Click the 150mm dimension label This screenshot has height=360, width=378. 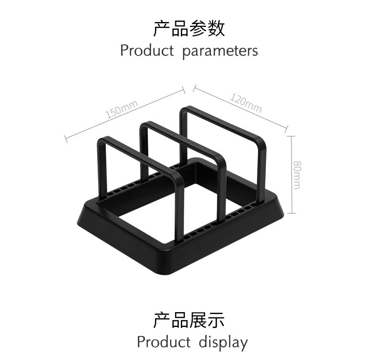pyautogui.click(x=122, y=109)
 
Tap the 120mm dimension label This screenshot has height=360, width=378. pyautogui.click(x=245, y=103)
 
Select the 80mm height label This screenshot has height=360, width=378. pyautogui.click(x=297, y=175)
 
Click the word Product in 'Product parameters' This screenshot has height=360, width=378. pyautogui.click(x=146, y=50)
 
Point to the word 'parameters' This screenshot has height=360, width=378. pyautogui.click(x=220, y=51)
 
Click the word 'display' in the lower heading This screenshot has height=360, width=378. pyautogui.click(x=223, y=342)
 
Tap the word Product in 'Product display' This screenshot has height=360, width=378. pyautogui.click(x=164, y=342)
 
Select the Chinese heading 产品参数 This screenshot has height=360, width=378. pyautogui.click(x=189, y=29)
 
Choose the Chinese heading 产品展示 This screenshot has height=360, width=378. pyautogui.click(x=189, y=320)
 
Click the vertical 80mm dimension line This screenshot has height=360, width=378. pyautogui.click(x=291, y=175)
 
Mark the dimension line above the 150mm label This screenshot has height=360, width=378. pyautogui.click(x=125, y=113)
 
